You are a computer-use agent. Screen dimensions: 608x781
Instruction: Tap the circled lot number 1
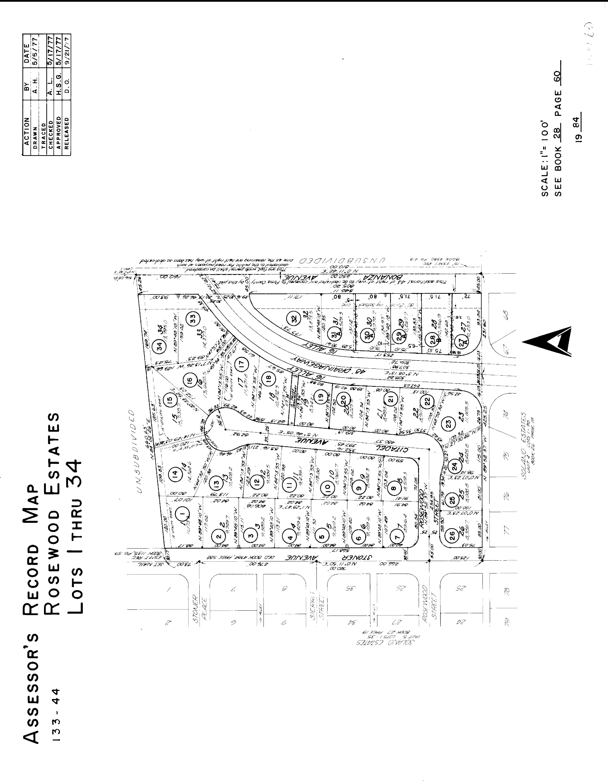(x=184, y=514)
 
